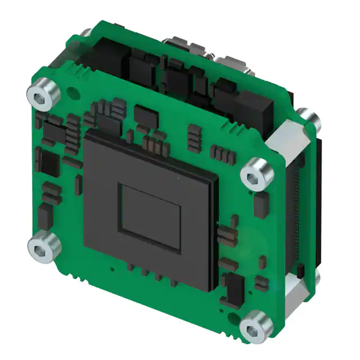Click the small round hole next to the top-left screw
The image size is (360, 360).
[x=70, y=90]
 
